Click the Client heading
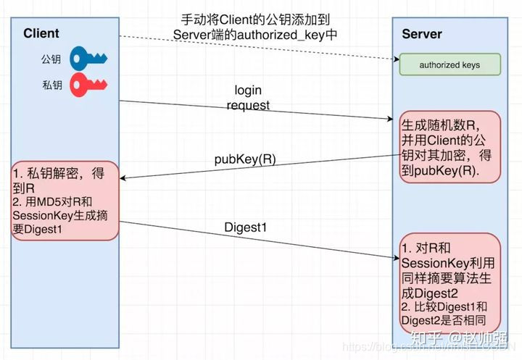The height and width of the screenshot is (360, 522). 41,33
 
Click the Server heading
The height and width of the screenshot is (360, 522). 422,34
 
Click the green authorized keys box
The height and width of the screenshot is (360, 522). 449,65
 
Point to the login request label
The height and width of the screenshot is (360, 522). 248,98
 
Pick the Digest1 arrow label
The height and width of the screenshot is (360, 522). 246,227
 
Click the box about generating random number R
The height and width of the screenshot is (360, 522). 449,146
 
